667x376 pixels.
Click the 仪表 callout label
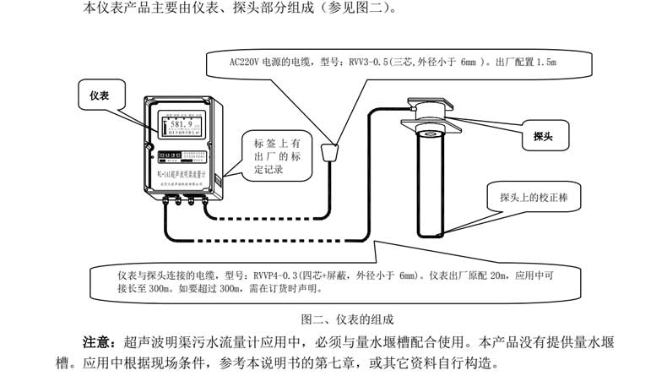(x=100, y=95)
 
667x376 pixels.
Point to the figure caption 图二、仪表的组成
(x=345, y=319)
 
